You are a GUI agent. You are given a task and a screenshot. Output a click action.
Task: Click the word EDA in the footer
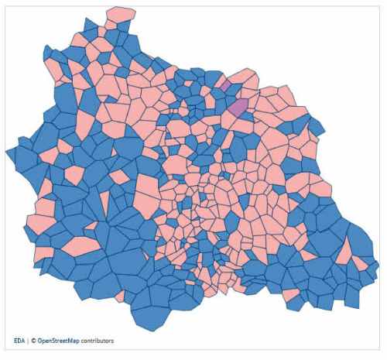click(x=19, y=341)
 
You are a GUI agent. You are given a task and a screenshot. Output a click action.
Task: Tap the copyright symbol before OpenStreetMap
click(x=33, y=341)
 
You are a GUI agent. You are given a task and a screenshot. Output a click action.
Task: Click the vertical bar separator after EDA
click(x=28, y=341)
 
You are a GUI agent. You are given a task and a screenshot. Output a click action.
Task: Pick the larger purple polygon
click(x=238, y=108)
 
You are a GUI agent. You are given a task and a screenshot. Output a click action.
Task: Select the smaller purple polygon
click(x=222, y=84)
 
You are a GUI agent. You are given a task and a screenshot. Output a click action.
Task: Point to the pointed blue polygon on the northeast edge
click(x=317, y=124)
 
